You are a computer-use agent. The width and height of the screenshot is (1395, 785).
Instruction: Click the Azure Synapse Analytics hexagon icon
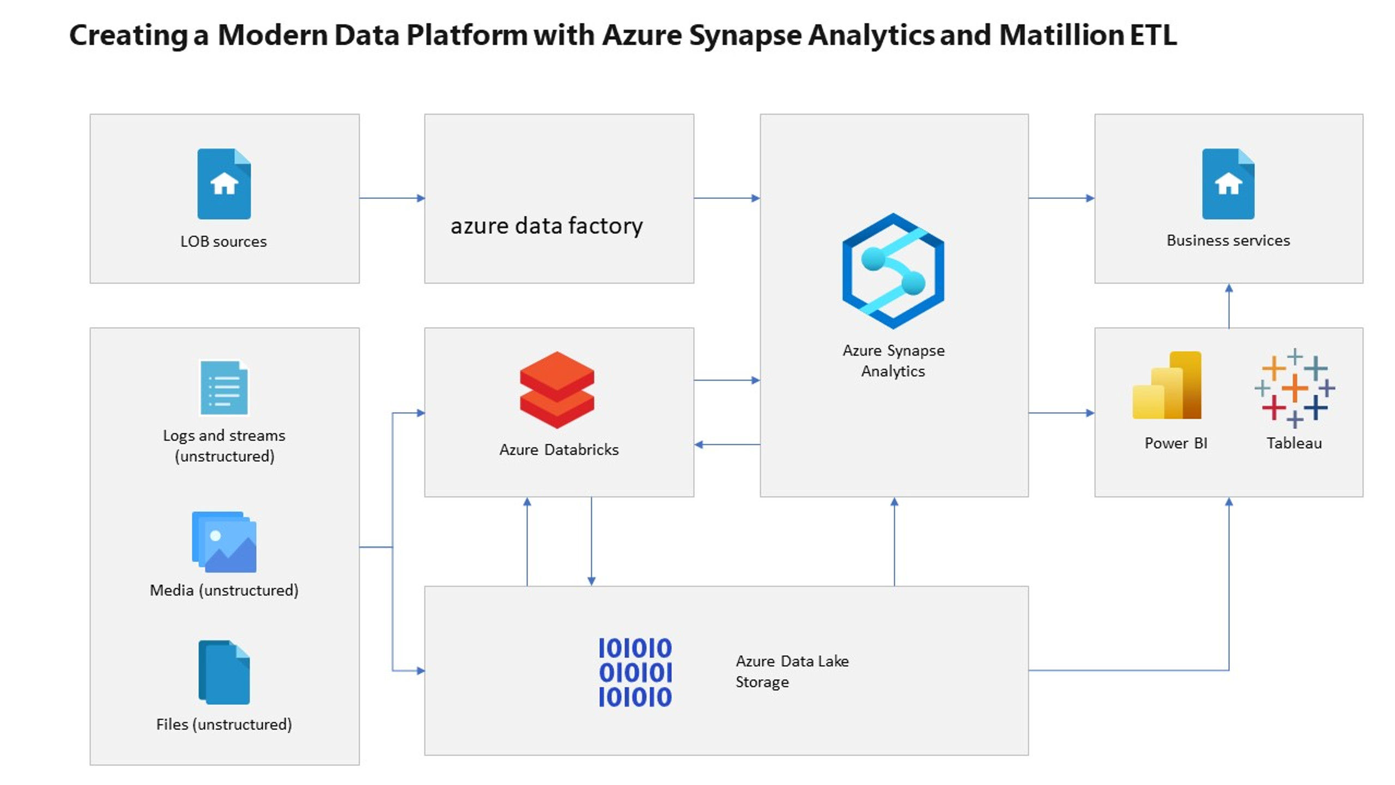[x=893, y=271]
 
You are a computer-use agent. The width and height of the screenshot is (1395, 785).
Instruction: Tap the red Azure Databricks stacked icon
[x=556, y=389]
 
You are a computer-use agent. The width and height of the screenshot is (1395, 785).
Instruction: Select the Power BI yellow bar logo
[x=1167, y=385]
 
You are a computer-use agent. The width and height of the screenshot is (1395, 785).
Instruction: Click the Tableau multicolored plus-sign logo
[x=1294, y=388]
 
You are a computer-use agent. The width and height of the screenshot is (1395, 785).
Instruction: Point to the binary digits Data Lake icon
[x=635, y=672]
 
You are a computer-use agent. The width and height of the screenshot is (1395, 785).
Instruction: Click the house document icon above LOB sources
[x=224, y=184]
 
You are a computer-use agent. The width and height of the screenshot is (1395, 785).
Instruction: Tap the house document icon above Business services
[x=1228, y=184]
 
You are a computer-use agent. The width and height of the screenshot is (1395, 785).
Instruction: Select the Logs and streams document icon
[x=224, y=388]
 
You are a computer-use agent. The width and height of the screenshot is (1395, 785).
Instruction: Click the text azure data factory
[x=546, y=226]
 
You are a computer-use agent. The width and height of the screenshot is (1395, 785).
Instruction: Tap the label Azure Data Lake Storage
[x=791, y=671]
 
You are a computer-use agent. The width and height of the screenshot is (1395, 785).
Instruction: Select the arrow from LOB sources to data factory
[x=391, y=198]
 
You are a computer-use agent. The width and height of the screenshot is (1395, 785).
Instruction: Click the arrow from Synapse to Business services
[x=1060, y=198]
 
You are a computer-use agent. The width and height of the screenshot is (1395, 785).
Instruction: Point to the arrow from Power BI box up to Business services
[x=1228, y=306]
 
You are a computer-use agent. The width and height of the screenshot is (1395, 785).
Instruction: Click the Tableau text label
[x=1294, y=443]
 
